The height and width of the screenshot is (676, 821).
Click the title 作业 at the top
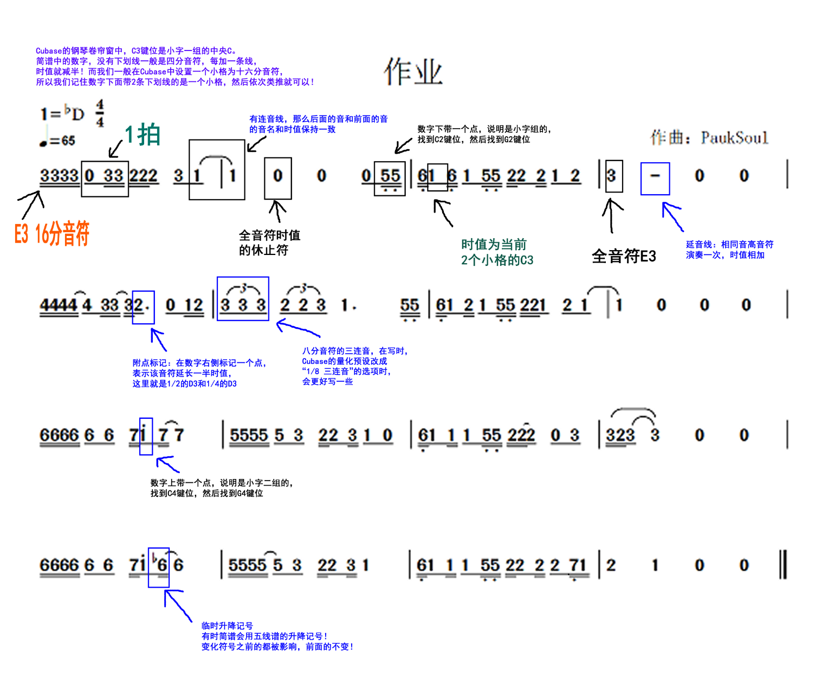pos(413,72)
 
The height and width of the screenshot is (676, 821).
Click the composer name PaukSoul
pos(734,138)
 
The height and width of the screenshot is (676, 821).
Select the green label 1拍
pos(143,135)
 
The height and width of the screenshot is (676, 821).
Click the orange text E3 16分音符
pos(52,234)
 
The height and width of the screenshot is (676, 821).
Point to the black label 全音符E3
pos(624,256)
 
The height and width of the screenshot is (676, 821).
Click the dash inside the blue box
pos(655,176)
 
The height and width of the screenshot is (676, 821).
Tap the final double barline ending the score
pos(783,565)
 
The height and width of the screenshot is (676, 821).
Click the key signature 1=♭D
pos(62,113)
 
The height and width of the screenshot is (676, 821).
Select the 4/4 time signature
pos(100,113)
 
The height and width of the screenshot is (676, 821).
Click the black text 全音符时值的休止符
pos(269,243)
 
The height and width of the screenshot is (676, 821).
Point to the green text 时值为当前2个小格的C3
pos(497,252)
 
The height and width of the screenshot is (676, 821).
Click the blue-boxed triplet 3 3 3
pos(243,302)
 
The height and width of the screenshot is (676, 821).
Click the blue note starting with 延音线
pos(729,250)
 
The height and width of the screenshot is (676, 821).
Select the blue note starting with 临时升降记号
pos(277,636)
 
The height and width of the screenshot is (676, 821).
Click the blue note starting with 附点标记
pos(199,373)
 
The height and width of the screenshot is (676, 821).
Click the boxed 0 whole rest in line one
pos(278,176)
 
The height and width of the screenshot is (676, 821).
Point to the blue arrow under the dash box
pos(673,216)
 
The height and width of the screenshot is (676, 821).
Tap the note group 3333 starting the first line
pos(59,176)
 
